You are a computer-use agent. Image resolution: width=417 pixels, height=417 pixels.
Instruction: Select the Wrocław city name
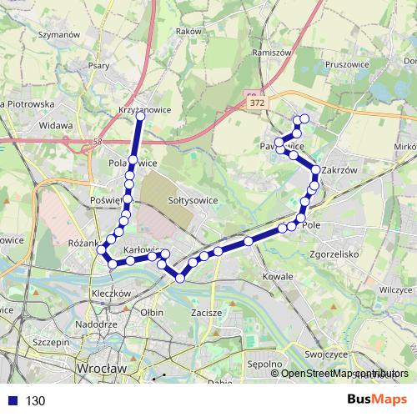coord(99,368)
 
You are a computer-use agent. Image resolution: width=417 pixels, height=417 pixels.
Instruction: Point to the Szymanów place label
coord(58,35)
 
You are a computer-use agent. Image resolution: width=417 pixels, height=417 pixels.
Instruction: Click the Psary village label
coord(99,63)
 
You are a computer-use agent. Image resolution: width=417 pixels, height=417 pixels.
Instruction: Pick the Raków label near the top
coord(190,31)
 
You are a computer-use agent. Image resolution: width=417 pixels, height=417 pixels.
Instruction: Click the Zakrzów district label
coord(339,169)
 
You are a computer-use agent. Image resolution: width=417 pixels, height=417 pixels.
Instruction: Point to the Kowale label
coord(274,274)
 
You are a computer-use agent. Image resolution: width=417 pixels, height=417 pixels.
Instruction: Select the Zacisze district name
coord(205,313)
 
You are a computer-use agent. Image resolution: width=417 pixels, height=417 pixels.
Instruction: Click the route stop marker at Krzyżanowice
coord(139,116)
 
